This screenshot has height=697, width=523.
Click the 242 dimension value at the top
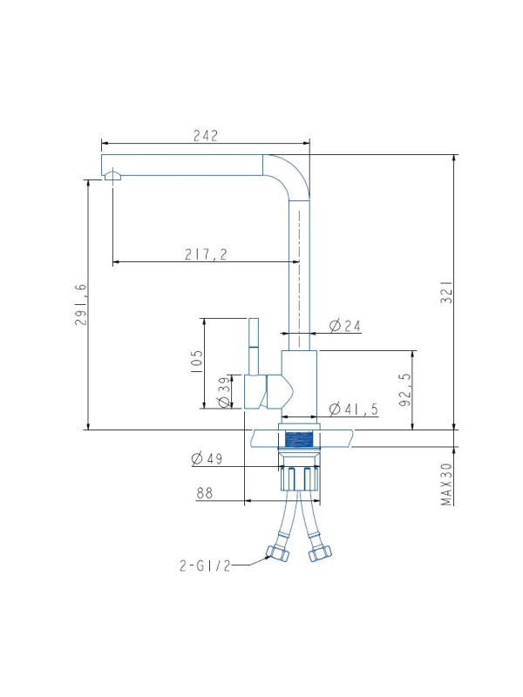click(206, 136)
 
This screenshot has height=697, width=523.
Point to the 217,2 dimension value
click(206, 254)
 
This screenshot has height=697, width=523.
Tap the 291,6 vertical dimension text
click(81, 304)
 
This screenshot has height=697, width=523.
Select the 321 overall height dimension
click(446, 292)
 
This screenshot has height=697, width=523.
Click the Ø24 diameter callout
click(344, 326)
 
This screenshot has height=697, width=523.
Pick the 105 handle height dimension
click(196, 361)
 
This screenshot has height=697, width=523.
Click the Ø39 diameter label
click(225, 391)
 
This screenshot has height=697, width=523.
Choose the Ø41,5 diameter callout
click(354, 409)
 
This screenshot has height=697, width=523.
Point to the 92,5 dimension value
click(405, 389)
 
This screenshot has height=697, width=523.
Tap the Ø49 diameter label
click(207, 458)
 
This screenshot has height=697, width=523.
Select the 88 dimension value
click(204, 493)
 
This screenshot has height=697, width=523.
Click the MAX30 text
click(446, 484)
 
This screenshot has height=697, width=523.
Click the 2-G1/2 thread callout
click(205, 565)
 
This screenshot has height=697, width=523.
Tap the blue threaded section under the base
click(298, 440)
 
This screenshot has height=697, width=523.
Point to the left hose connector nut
click(277, 552)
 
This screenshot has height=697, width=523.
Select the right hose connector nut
click(320, 552)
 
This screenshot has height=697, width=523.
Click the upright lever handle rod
click(254, 346)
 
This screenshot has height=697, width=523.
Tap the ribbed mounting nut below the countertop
click(300, 478)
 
